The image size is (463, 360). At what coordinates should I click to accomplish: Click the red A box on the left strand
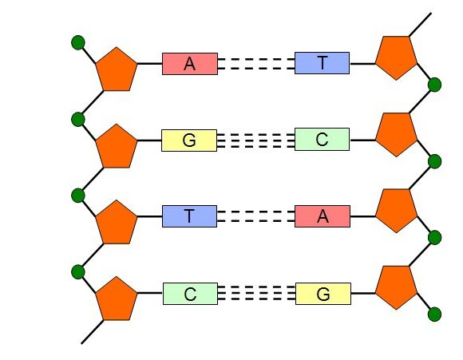(x=190, y=64)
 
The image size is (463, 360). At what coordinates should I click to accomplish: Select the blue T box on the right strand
(x=323, y=63)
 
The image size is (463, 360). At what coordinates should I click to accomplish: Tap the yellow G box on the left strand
(x=189, y=140)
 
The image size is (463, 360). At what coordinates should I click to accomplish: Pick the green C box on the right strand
(x=323, y=139)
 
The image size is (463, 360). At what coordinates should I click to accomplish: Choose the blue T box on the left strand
(x=189, y=216)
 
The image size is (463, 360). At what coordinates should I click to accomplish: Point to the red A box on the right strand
(x=323, y=216)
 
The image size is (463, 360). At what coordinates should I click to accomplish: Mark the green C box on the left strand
(x=190, y=294)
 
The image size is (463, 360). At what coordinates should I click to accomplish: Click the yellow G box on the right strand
(x=323, y=294)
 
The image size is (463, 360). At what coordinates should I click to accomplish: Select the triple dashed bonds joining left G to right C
(x=256, y=140)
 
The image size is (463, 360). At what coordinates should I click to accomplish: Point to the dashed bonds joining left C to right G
(x=256, y=293)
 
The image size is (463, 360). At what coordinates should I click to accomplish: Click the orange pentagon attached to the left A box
(x=117, y=69)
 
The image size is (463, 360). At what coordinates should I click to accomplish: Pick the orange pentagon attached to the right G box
(x=397, y=287)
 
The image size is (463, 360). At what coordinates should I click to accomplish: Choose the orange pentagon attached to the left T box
(x=117, y=223)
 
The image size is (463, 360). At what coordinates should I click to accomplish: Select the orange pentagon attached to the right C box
(x=397, y=134)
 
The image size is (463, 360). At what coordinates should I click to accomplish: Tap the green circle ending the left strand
(x=78, y=42)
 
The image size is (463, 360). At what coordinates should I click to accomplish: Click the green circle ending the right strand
(x=434, y=314)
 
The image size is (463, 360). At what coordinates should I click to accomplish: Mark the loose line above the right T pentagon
(x=420, y=25)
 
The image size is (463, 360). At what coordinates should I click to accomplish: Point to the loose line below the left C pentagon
(x=93, y=332)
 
